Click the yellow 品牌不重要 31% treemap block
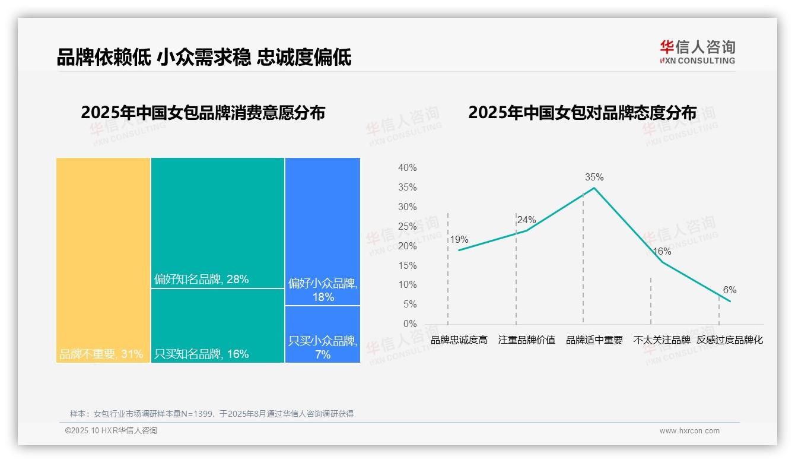[x=103, y=259]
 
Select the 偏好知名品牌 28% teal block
[x=218, y=223]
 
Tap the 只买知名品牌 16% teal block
[x=218, y=325]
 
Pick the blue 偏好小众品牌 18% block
[x=323, y=231]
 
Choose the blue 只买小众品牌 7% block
[x=323, y=334]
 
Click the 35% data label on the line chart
[x=594, y=177]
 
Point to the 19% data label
[x=459, y=240]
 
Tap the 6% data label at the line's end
[x=729, y=290]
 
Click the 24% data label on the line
[x=526, y=220]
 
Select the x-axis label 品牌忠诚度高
[x=459, y=340]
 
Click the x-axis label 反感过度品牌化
[x=729, y=340]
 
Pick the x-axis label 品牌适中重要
[x=594, y=340]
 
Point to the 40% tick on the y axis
[x=407, y=168]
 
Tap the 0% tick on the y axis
[x=409, y=324]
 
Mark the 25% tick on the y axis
[x=407, y=226]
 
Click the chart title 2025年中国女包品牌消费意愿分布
[x=203, y=113]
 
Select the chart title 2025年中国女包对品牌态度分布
[x=582, y=113]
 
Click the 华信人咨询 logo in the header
[x=697, y=52]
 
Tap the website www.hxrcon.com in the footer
[x=689, y=431]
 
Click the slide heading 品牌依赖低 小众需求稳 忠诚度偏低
[x=204, y=58]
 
